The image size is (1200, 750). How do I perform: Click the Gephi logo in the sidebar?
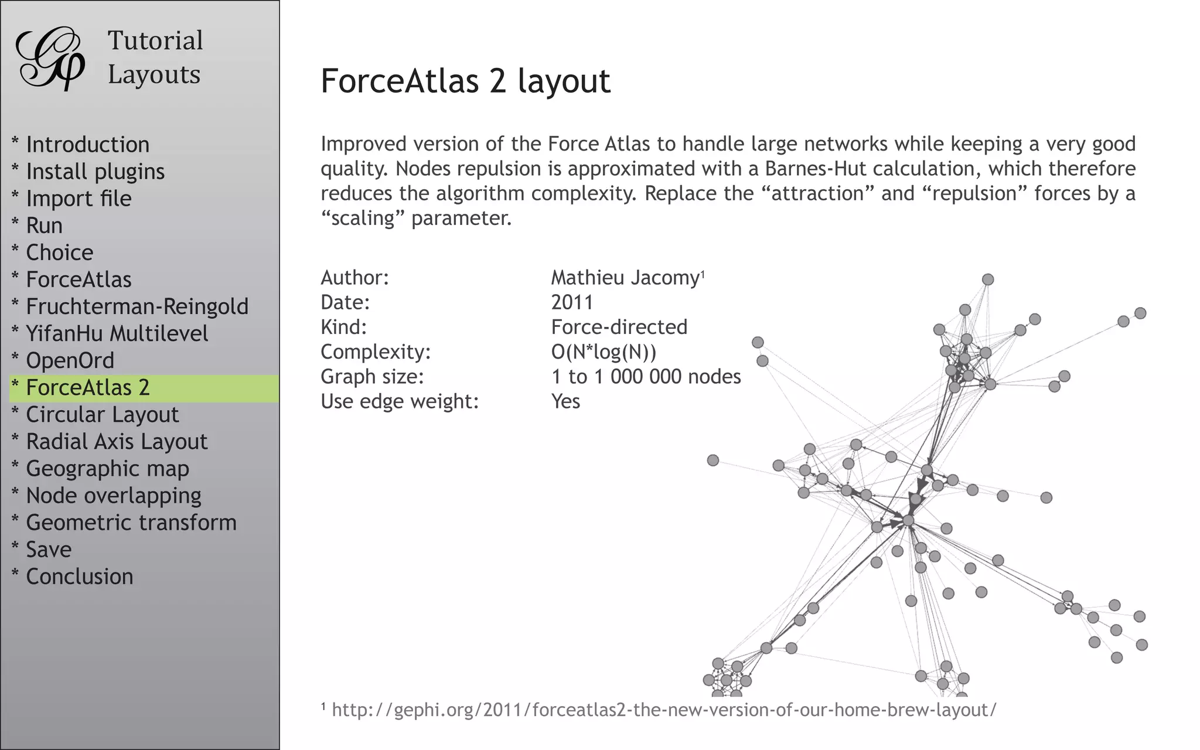coord(50,59)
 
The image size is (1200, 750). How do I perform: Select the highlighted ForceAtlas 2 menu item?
coord(88,388)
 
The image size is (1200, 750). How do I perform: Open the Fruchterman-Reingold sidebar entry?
coord(137,306)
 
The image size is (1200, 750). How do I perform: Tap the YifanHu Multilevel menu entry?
coord(117,333)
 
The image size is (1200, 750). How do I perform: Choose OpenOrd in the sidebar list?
coord(70,360)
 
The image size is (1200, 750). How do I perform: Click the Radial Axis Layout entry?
coord(117,442)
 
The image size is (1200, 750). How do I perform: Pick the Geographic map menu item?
coord(107,469)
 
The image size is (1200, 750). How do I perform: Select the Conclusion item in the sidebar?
coord(79,577)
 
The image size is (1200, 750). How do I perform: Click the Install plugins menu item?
coord(95,172)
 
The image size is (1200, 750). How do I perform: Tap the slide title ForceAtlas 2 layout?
coord(465,81)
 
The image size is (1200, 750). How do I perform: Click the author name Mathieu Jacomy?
coord(625,278)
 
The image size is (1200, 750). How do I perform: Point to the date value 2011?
coord(572,302)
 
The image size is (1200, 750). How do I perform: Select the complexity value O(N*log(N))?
coord(604,352)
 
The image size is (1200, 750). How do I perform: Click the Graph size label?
coord(372,377)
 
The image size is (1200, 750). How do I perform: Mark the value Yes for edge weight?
coord(565,401)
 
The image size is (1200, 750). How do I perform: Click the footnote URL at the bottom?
coord(663,710)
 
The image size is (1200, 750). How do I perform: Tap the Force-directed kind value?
coord(619,327)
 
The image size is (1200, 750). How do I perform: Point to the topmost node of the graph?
coord(988,279)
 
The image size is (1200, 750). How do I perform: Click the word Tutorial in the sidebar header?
coord(155,41)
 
